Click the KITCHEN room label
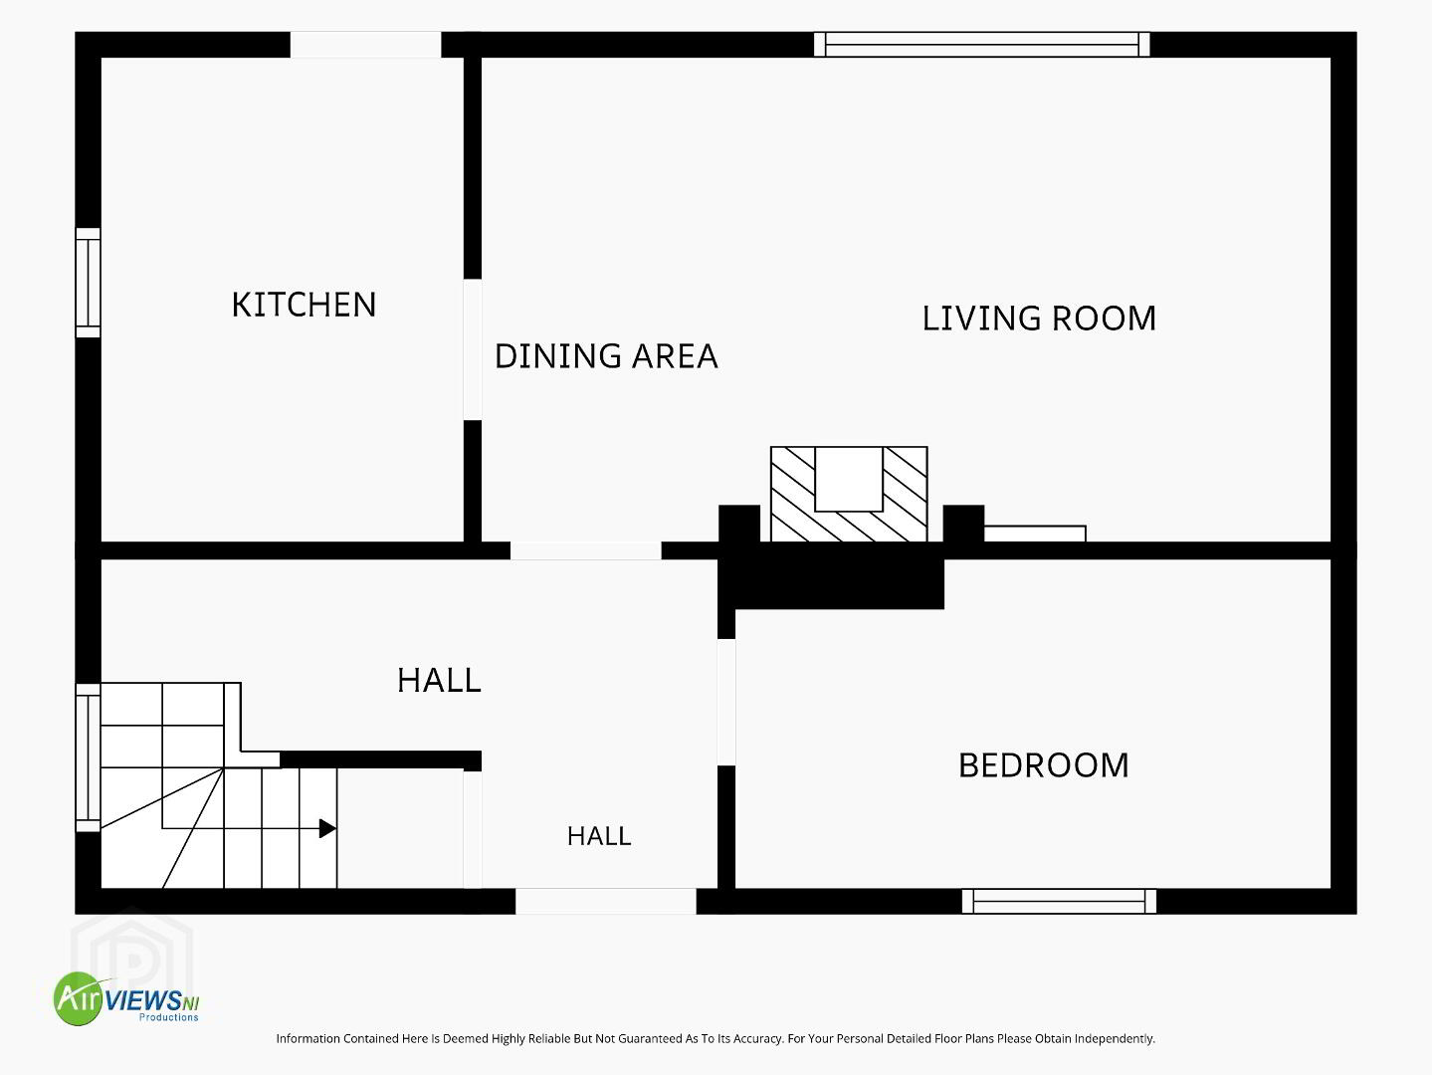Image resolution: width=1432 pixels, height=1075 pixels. point(305,305)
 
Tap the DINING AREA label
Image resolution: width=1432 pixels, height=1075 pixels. point(606,356)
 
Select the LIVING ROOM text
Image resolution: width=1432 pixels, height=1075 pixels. point(1039,319)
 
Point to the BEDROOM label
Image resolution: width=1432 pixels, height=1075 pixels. point(1043,765)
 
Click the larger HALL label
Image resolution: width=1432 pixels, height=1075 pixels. point(439,681)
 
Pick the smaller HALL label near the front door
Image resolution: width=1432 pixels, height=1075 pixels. point(599,836)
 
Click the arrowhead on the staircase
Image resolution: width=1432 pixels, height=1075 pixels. point(327,828)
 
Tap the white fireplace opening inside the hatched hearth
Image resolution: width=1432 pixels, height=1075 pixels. point(849,479)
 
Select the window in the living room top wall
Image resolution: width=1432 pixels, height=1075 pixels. point(982,45)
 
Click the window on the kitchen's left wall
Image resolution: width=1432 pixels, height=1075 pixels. point(89,283)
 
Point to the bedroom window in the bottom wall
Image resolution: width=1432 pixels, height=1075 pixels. point(1059,901)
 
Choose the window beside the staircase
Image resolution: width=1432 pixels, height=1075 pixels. point(89,757)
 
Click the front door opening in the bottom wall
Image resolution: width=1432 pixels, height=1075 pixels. point(606,901)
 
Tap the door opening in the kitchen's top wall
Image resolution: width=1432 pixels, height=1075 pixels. point(365,45)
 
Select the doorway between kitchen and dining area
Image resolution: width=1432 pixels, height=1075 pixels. point(473,349)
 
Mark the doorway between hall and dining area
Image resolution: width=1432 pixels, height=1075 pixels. point(586,550)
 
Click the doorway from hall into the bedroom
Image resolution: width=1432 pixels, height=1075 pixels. point(726,702)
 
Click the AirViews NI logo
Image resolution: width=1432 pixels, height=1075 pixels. point(126,998)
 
